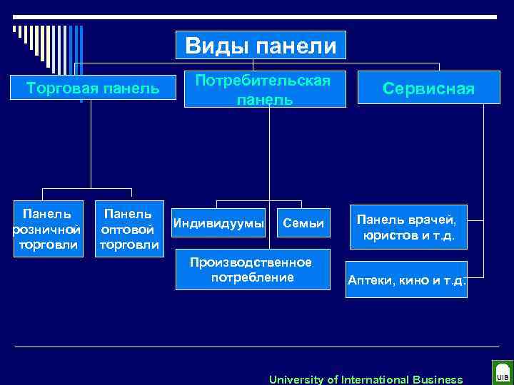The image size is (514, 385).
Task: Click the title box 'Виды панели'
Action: (261, 45)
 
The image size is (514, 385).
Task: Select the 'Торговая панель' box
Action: (93, 88)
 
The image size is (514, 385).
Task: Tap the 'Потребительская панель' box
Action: (265, 89)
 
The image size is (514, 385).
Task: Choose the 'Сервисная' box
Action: (428, 88)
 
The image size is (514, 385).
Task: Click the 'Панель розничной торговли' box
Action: (46, 230)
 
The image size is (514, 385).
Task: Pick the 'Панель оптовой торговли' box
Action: (128, 230)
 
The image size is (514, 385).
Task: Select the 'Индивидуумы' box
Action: (218, 224)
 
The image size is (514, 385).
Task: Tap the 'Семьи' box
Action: (303, 224)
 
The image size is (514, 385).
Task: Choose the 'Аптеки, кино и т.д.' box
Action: (407, 280)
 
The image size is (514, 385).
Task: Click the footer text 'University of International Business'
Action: (366, 379)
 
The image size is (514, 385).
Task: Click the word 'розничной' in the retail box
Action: (46, 230)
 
